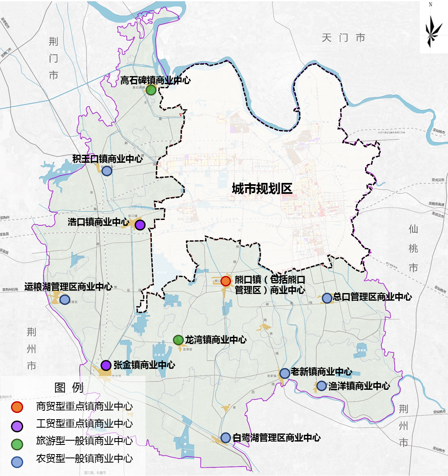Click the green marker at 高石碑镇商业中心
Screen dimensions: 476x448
pyautogui.click(x=151, y=90)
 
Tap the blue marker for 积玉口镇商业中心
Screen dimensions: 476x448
pyautogui.click(x=107, y=171)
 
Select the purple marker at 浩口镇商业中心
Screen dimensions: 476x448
pyautogui.click(x=140, y=225)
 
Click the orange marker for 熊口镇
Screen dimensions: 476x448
pyautogui.click(x=225, y=281)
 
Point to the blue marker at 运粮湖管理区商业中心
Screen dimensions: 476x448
pyautogui.click(x=65, y=299)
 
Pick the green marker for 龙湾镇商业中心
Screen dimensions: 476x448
pyautogui.click(x=178, y=340)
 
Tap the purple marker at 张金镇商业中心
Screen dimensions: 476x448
pyautogui.click(x=106, y=365)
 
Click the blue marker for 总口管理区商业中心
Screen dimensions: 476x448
pyautogui.click(x=327, y=298)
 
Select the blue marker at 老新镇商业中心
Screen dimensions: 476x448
pyautogui.click(x=284, y=373)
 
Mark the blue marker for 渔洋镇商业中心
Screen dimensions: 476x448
pyautogui.click(x=321, y=386)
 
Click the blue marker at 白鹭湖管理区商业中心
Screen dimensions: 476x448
pyautogui.click(x=225, y=438)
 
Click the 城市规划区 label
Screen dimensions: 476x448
pyautogui.click(x=262, y=189)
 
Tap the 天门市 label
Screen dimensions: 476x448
pyautogui.click(x=343, y=38)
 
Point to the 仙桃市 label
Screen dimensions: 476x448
pyautogui.click(x=413, y=248)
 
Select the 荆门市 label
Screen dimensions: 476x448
pyautogui.click(x=53, y=58)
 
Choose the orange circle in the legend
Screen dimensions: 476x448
pyautogui.click(x=17, y=407)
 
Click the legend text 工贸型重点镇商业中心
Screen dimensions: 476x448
pyautogui.click(x=84, y=424)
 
